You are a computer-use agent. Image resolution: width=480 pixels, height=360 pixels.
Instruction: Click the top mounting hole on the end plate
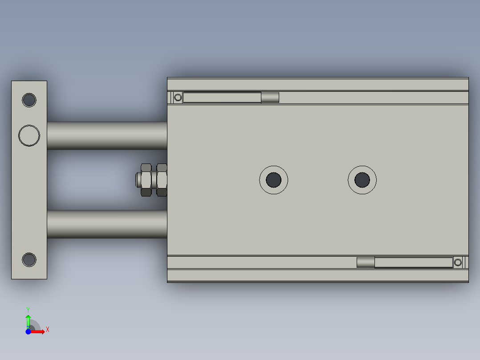click(29, 100)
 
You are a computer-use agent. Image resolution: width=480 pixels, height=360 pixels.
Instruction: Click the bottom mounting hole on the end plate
click(29, 259)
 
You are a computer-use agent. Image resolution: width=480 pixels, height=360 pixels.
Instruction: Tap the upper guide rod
click(107, 135)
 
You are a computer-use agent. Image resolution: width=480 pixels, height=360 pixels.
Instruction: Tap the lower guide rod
click(107, 224)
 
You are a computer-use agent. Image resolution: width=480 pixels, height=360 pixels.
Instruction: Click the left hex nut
click(146, 180)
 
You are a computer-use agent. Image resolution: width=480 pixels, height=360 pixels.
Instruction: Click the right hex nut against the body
click(162, 180)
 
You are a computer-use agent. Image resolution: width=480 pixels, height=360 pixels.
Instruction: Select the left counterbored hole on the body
click(274, 180)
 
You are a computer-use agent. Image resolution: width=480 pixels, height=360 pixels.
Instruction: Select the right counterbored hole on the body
click(362, 180)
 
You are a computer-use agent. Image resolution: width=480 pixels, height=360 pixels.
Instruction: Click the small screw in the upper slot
click(178, 98)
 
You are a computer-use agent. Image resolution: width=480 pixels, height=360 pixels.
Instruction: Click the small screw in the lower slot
click(458, 262)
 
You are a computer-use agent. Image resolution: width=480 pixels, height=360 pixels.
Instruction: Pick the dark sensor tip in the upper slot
click(270, 98)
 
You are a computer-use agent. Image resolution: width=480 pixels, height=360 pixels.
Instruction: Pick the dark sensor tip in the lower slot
click(366, 262)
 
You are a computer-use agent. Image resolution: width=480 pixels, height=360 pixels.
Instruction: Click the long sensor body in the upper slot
click(222, 98)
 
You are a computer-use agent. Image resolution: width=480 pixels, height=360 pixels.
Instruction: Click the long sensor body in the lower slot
click(413, 262)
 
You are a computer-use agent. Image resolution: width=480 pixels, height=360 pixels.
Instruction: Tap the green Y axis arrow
click(28, 320)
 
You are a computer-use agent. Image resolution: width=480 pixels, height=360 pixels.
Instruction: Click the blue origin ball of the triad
click(28, 331)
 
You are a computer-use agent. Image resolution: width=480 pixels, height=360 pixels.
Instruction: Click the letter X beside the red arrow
click(48, 330)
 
